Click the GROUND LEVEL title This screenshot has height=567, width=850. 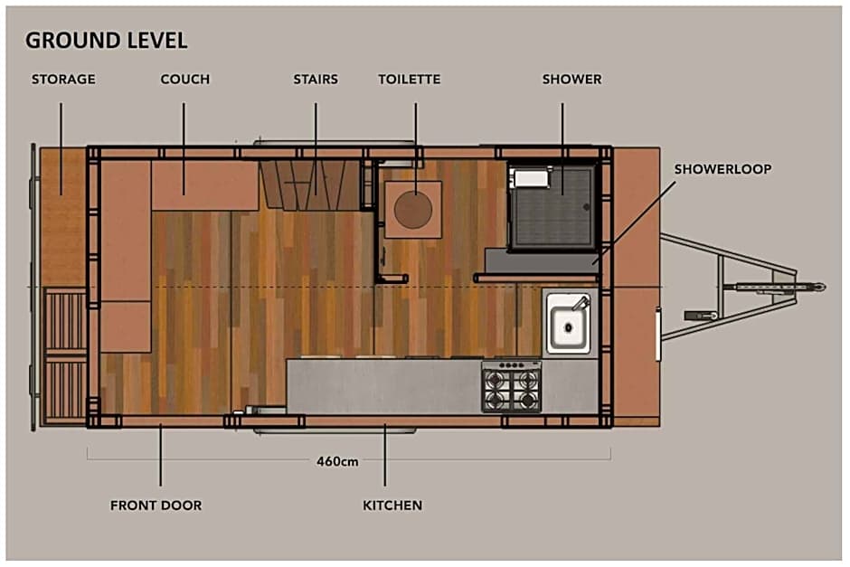point(107,41)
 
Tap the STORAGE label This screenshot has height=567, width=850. point(63,80)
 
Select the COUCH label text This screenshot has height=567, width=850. point(184,80)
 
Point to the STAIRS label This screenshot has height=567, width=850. point(316,80)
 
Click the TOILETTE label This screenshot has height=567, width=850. point(410,80)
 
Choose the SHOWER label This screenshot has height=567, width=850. point(571,80)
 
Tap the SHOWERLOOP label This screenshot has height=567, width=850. point(722,169)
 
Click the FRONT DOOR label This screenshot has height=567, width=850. point(156,506)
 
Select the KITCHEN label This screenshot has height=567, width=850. point(392,506)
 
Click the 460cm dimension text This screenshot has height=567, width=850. point(337,461)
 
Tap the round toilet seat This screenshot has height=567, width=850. point(413,209)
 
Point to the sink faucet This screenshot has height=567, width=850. point(580,303)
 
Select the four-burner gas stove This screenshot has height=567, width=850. point(511,386)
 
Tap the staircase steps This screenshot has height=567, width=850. point(311,184)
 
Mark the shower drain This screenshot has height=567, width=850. point(586,207)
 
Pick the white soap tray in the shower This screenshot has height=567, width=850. point(532,178)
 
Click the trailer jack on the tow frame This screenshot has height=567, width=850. point(701,315)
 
